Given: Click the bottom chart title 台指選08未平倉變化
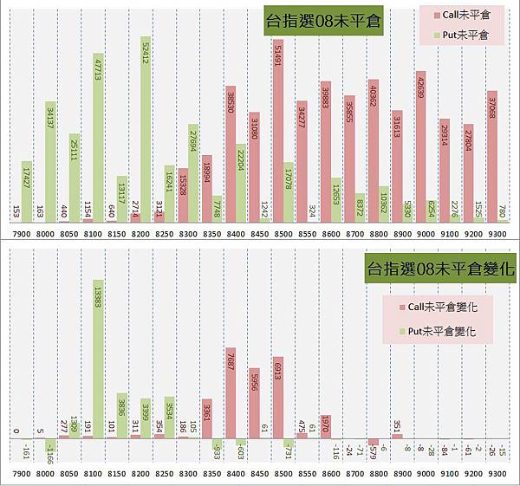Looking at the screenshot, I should tap(440, 269).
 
